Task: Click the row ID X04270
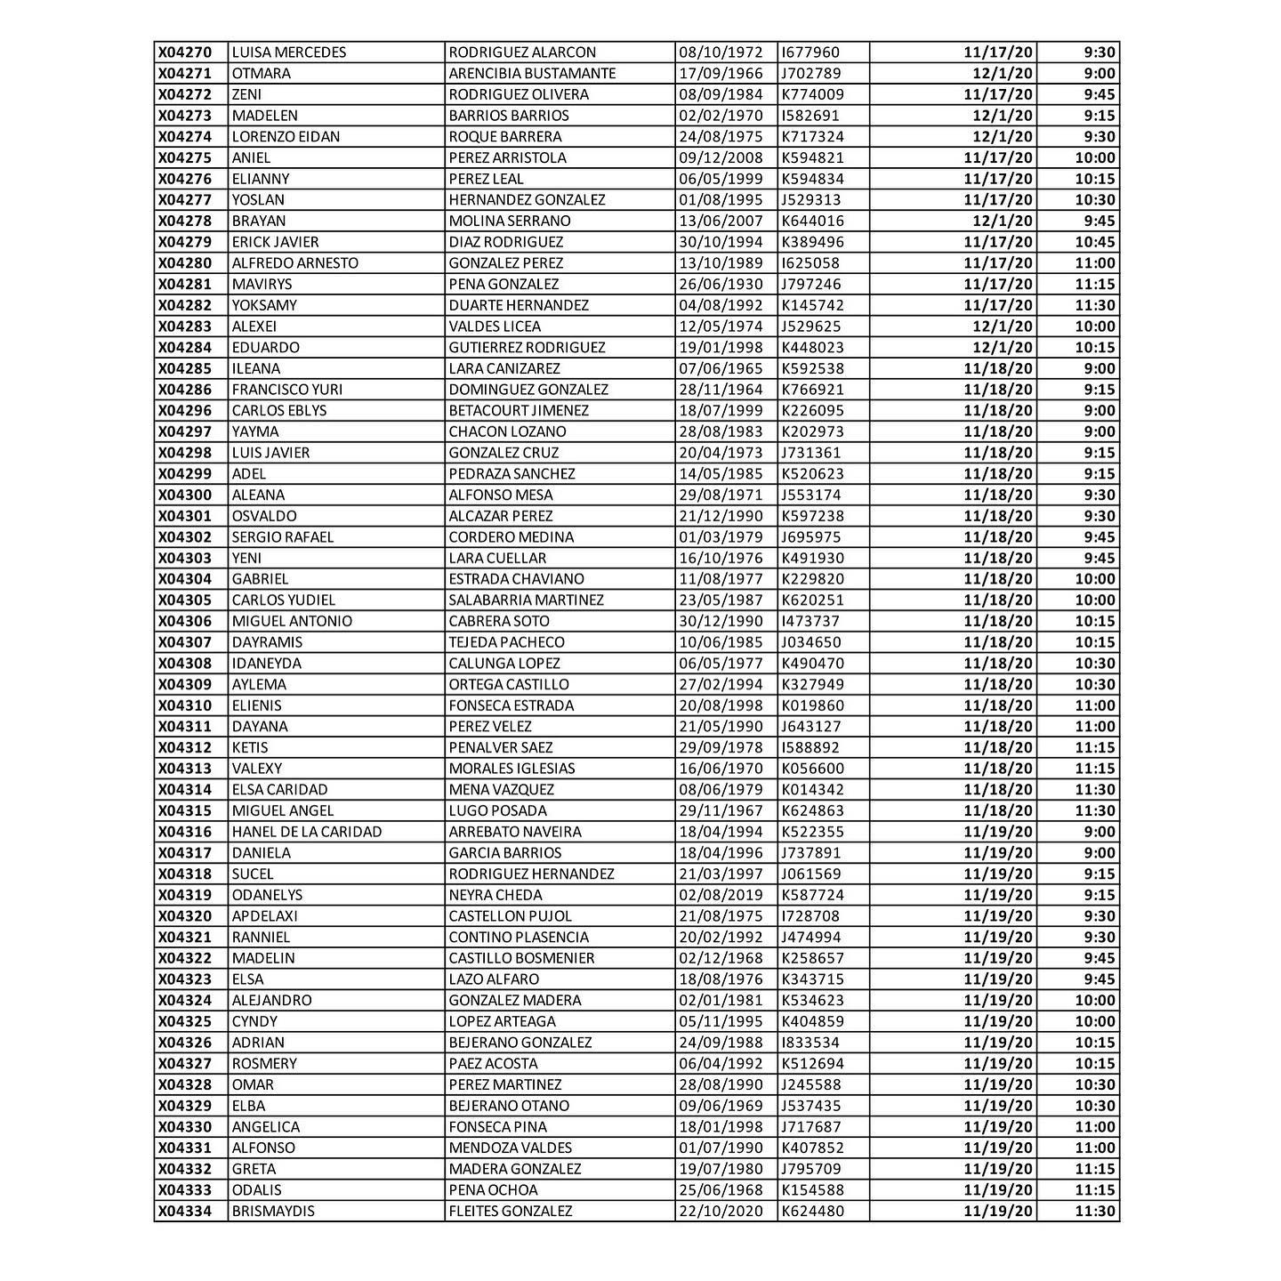pos(185,52)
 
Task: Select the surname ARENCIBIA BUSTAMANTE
pos(532,74)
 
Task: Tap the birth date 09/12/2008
pos(721,157)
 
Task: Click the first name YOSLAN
pos(258,200)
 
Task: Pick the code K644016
pos(813,221)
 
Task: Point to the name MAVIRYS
pos(262,285)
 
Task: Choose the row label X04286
pos(185,390)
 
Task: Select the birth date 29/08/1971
pos(721,495)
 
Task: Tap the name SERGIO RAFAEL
pos(283,537)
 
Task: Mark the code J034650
pos(811,642)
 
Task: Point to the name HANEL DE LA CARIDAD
pos(307,832)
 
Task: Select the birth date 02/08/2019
pos(721,895)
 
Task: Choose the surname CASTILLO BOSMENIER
pos(521,958)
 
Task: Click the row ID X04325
pos(185,1021)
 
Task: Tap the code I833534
pos(810,1043)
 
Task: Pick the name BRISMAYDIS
pos(273,1211)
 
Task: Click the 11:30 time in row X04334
pos(1094,1211)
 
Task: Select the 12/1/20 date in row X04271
pos(1003,74)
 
